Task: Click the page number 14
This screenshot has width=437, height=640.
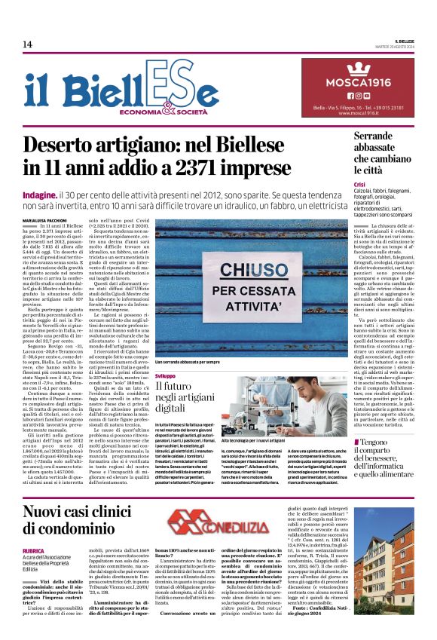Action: coord(27,44)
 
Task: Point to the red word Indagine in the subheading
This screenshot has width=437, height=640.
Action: coord(64,195)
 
